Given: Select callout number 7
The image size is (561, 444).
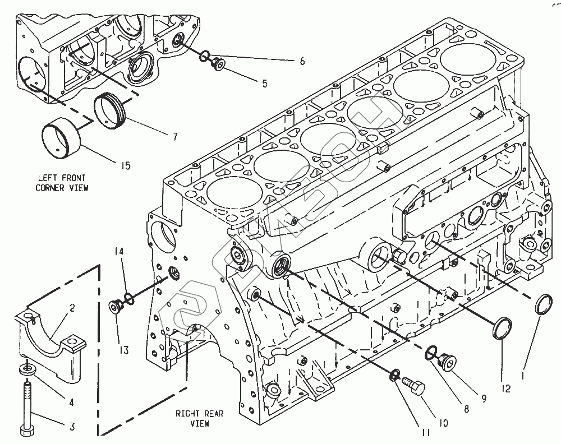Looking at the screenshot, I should (175, 136).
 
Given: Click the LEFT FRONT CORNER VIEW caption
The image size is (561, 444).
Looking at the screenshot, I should (62, 183).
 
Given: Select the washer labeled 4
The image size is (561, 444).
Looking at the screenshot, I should (26, 370).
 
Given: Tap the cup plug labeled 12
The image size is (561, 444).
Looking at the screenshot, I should (503, 328).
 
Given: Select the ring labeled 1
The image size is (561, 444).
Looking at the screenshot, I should (542, 306).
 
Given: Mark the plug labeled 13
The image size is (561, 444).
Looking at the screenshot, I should (116, 307).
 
